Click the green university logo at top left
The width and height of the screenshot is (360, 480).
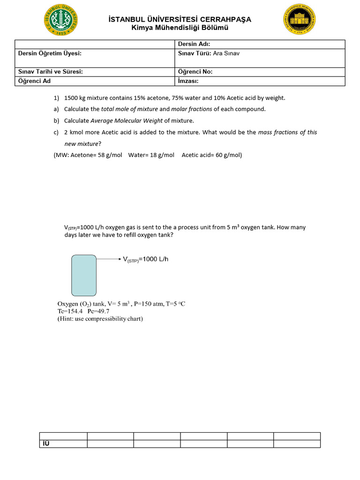click(61, 20)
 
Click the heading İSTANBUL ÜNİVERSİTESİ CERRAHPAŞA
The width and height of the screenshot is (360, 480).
click(180, 19)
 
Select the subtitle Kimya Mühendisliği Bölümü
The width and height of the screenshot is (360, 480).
click(180, 28)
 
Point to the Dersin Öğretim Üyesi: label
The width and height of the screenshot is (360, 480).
click(50, 53)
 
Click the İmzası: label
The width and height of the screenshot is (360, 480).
click(188, 81)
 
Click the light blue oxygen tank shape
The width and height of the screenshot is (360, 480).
click(84, 275)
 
